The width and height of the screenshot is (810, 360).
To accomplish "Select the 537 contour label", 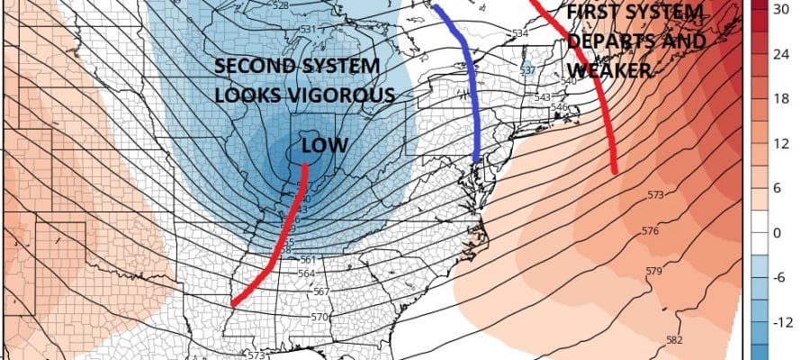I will tap(528, 70).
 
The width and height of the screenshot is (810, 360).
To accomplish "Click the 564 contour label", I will tap(306, 273).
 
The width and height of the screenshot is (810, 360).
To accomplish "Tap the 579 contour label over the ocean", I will tap(654, 271).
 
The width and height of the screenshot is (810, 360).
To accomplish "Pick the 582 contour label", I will tap(674, 338).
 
